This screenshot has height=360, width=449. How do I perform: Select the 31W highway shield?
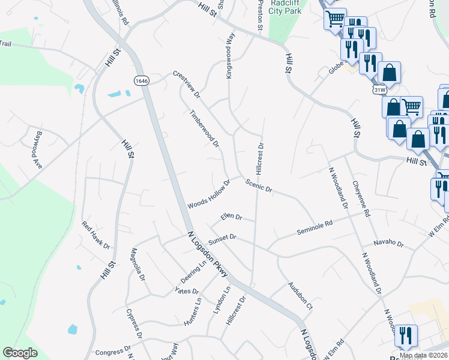tap(379, 90)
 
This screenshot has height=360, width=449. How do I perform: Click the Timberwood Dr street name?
tap(204, 128)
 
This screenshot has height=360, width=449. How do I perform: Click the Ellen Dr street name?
tap(231, 217)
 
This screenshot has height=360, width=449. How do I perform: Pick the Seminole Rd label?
tap(315, 229)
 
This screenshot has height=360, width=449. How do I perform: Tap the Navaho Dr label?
tap(389, 244)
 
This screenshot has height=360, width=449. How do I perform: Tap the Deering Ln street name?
tap(194, 272)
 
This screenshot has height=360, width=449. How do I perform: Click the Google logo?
tap(20, 353)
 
